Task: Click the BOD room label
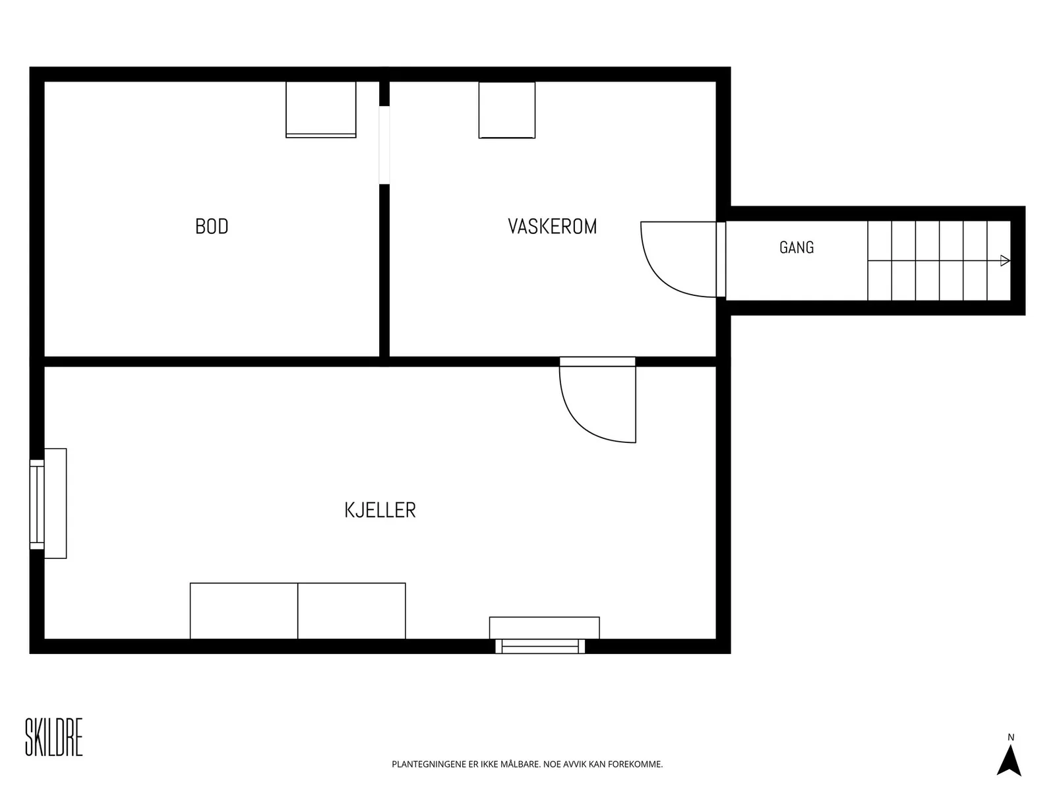(212, 226)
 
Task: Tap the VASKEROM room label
(553, 226)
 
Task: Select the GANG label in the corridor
(797, 247)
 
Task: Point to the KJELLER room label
(380, 510)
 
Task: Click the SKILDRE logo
(54, 737)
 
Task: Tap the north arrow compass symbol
(1009, 761)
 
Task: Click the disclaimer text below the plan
(527, 764)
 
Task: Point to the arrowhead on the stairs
(1004, 261)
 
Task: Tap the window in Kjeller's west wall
(37, 504)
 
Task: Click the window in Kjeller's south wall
(540, 647)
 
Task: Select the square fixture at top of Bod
(321, 109)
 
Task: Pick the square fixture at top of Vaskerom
(507, 110)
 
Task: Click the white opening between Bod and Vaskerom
(384, 145)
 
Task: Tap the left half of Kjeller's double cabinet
(244, 611)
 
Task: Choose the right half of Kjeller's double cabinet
(352, 611)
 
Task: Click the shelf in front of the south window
(545, 628)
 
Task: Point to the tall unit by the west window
(56, 504)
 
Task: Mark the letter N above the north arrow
(1011, 737)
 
